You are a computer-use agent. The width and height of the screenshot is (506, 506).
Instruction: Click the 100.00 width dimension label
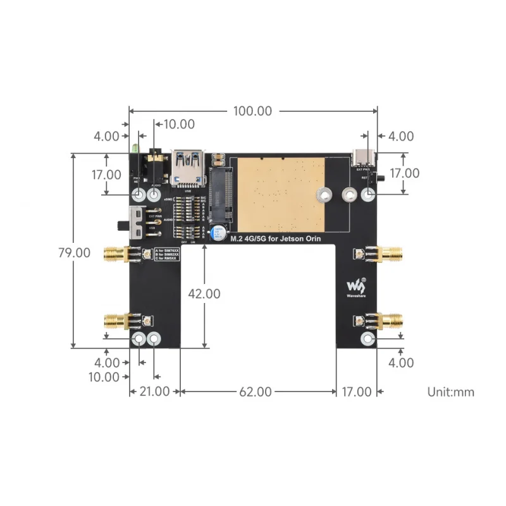(x=252, y=111)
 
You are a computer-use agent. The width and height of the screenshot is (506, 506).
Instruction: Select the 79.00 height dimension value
(x=75, y=252)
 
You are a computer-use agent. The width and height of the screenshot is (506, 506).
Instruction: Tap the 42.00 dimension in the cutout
(x=204, y=293)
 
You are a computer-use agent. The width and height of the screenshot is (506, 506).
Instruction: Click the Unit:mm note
(x=450, y=392)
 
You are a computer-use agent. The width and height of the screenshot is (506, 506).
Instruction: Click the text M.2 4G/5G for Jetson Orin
(x=276, y=238)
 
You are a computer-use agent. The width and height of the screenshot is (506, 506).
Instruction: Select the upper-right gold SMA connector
(x=388, y=255)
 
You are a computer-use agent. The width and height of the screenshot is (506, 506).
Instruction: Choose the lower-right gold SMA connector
(x=388, y=321)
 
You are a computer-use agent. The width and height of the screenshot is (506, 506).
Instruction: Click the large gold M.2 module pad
(x=280, y=195)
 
